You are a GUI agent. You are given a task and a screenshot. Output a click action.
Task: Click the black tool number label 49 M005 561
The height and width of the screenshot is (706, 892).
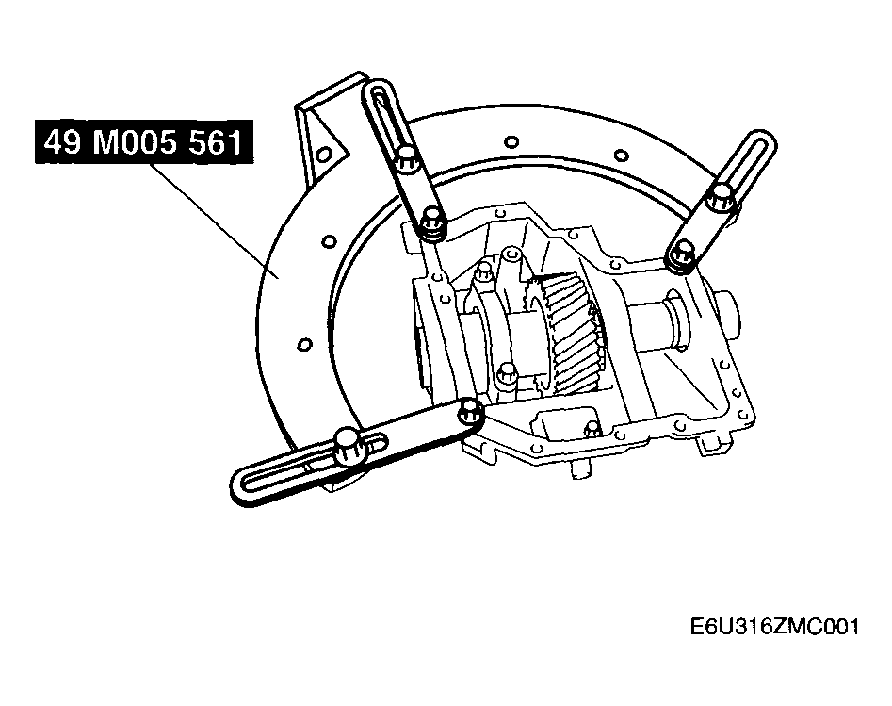pos(144,141)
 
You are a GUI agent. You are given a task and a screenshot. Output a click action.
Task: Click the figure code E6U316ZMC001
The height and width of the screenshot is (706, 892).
pos(774,627)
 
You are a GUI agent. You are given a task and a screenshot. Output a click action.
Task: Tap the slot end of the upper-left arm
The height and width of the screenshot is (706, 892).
pos(380,95)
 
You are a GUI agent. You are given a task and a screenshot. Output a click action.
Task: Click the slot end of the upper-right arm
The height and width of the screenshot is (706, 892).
pos(757,143)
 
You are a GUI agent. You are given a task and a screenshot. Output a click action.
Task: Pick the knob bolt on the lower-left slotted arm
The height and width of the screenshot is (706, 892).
pos(347,446)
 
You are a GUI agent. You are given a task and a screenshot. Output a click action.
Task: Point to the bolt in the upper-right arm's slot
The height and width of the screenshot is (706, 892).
pos(720,196)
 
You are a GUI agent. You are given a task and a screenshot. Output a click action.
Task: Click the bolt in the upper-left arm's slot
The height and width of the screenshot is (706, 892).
pos(407,158)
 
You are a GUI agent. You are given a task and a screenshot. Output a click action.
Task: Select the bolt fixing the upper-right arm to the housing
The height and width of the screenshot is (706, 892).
pos(680,255)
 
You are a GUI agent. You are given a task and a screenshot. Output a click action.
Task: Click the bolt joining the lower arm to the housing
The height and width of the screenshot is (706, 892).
pos(470,410)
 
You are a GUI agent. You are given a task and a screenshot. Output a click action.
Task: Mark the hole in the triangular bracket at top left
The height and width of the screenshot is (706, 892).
pos(322,154)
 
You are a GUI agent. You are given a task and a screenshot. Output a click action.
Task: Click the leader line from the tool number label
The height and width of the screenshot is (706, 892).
pos(214,221)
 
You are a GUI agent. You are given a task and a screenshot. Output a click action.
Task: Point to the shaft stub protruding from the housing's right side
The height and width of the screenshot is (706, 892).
pos(729,317)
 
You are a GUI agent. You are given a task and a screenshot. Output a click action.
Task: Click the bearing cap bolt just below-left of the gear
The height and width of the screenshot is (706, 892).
pos(505,378)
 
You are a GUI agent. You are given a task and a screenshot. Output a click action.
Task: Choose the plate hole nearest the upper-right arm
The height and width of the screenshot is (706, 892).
pos(622,155)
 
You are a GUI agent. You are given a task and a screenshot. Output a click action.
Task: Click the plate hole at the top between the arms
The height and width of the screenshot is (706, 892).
pos(511,140)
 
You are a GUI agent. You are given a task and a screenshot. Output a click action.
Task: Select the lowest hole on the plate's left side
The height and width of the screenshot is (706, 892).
pos(304,344)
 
